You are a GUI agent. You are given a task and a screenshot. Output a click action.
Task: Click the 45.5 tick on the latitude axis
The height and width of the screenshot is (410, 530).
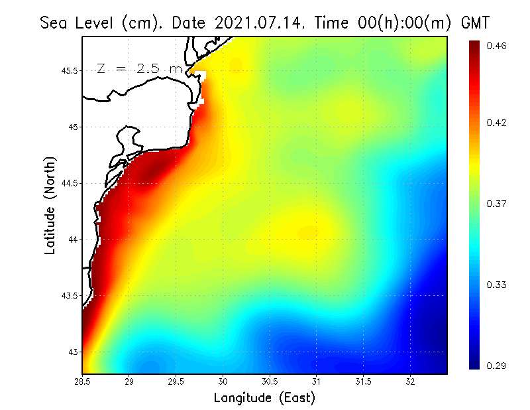coord(69,71)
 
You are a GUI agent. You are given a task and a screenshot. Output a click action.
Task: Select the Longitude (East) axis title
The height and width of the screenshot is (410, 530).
coord(264,398)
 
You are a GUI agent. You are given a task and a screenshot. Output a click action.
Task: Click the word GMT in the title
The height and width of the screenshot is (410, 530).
coord(474,23)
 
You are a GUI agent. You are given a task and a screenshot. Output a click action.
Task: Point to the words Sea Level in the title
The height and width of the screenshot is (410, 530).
coord(78,23)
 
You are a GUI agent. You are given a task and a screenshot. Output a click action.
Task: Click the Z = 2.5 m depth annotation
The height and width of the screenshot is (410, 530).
coord(139,69)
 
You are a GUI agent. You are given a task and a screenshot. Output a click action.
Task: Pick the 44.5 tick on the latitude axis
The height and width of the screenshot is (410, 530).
coord(69,183)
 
